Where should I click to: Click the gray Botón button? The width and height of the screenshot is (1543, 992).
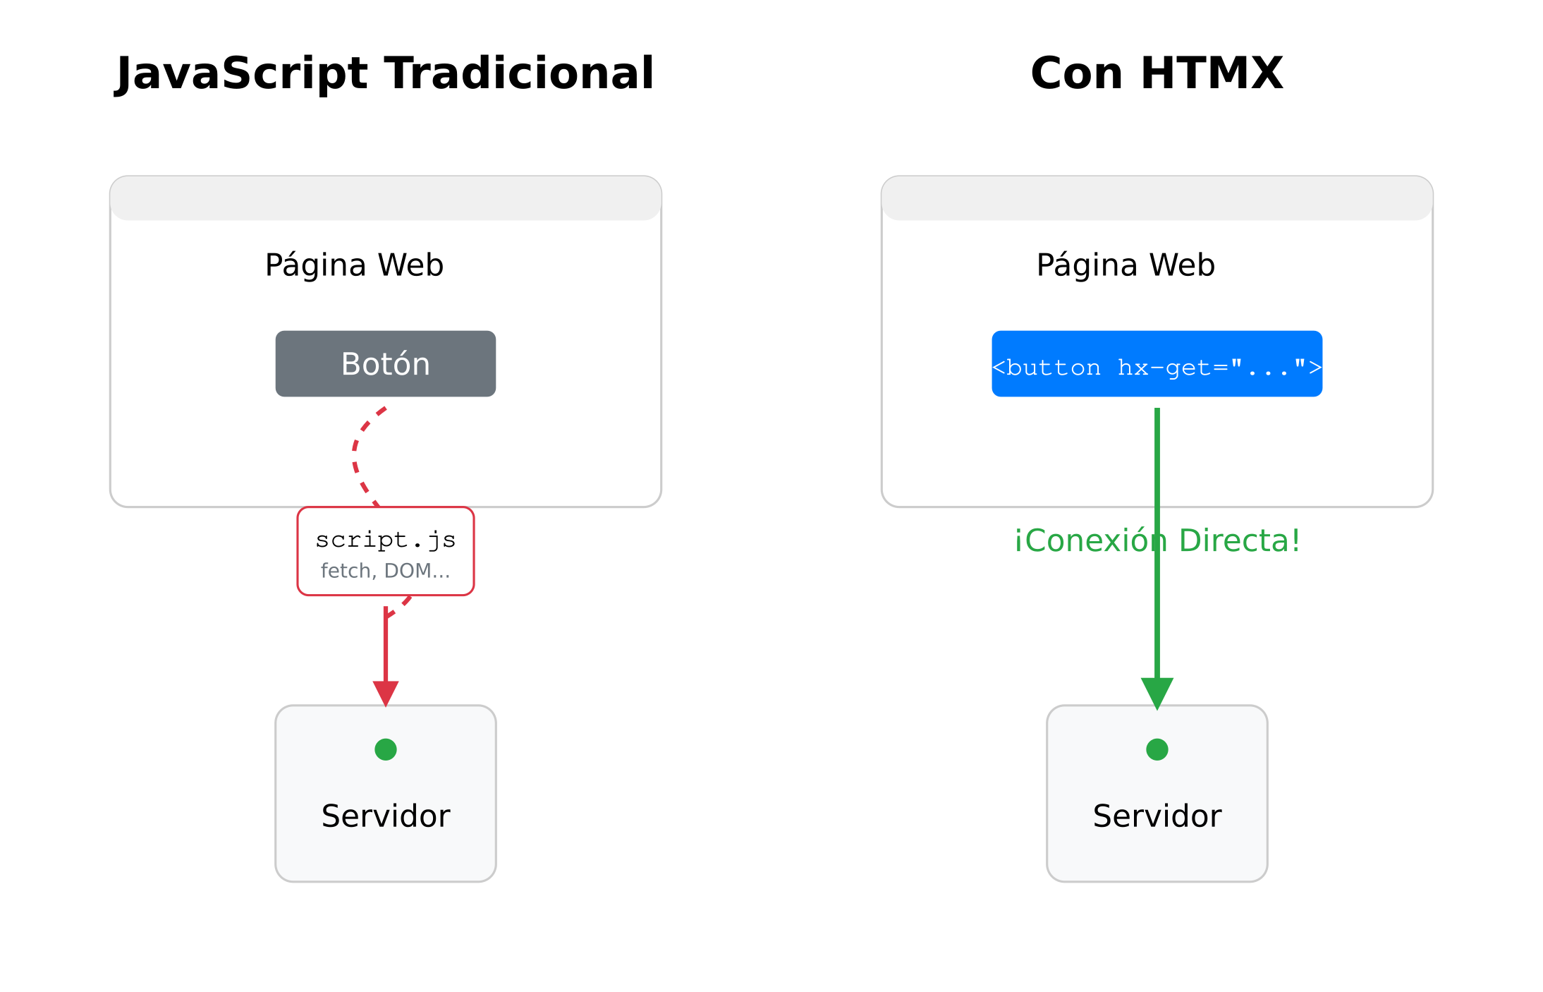click(385, 363)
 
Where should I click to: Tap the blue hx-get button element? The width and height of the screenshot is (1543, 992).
click(1157, 364)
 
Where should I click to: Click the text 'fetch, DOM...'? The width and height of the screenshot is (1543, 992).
click(385, 570)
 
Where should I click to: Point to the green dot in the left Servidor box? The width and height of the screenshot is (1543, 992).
click(386, 749)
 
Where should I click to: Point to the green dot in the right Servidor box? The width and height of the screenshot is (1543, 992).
click(1157, 749)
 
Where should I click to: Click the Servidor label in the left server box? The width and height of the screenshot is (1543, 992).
click(386, 816)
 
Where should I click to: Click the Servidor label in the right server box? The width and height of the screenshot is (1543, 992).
click(1157, 816)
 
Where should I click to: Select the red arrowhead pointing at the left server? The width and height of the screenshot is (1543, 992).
click(386, 692)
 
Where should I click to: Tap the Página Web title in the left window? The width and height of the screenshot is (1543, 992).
click(354, 265)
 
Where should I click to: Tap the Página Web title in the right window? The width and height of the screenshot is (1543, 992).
click(1126, 265)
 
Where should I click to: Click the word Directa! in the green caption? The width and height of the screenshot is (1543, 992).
click(1239, 540)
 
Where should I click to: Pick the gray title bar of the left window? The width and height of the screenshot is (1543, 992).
click(386, 199)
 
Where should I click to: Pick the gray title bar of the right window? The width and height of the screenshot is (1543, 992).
click(1157, 199)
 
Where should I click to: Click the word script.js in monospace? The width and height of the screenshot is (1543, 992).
click(385, 540)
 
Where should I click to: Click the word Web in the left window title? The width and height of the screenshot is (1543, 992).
click(410, 265)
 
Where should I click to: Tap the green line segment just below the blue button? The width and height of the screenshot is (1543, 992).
click(1157, 437)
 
